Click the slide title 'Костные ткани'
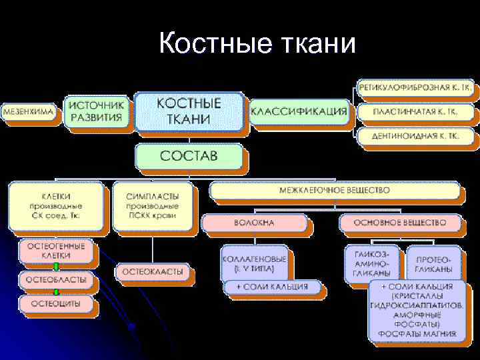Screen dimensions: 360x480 click(x=258, y=44)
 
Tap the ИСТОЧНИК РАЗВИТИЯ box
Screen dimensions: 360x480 click(x=96, y=111)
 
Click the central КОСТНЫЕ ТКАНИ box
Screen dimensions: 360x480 click(x=189, y=111)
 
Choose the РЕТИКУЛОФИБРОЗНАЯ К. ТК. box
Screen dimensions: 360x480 click(x=415, y=88)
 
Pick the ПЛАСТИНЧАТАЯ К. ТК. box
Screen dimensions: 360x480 click(x=415, y=111)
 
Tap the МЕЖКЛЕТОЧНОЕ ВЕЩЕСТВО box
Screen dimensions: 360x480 click(x=335, y=191)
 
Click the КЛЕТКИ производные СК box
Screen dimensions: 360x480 click(x=56, y=207)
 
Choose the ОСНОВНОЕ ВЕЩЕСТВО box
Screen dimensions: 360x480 click(x=401, y=222)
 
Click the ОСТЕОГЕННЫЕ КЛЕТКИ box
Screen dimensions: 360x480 click(x=56, y=251)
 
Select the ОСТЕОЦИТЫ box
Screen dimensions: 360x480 click(x=56, y=303)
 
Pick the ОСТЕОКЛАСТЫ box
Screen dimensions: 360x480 click(x=153, y=272)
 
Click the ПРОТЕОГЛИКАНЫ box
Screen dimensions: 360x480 click(x=433, y=263)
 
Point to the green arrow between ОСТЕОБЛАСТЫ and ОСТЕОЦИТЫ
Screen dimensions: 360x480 click(x=56, y=292)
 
